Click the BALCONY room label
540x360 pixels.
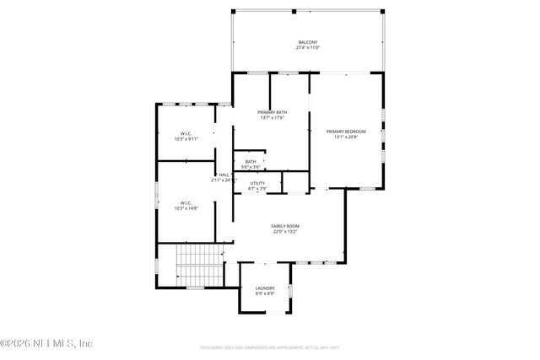click(x=308, y=42)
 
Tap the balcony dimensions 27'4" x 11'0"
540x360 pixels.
click(x=308, y=48)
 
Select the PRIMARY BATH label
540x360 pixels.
click(x=272, y=112)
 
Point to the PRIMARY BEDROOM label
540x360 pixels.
click(x=346, y=131)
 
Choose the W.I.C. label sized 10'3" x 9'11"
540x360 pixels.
click(x=186, y=132)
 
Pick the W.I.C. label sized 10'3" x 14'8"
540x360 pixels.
click(x=186, y=202)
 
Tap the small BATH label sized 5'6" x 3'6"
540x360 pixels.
click(x=251, y=162)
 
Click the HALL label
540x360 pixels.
click(x=224, y=175)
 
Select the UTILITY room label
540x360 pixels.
click(x=257, y=183)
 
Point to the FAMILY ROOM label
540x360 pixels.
click(x=285, y=226)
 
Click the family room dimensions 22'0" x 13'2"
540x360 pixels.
click(x=285, y=232)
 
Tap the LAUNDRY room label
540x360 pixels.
click(x=265, y=288)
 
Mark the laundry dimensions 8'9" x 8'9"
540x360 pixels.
click(x=265, y=294)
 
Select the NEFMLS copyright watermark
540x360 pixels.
click(x=46, y=343)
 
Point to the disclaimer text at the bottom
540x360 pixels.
click(x=269, y=347)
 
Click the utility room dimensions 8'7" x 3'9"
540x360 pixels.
click(x=257, y=189)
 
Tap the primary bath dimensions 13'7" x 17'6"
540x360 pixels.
click(x=272, y=118)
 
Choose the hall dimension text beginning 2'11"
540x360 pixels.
click(x=223, y=180)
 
